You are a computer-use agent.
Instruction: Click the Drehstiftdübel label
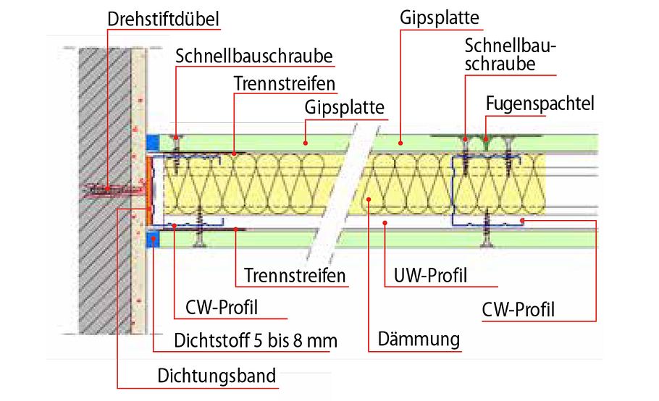click(x=162, y=19)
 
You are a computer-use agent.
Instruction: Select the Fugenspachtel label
click(x=539, y=104)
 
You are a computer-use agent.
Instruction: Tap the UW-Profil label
click(x=430, y=276)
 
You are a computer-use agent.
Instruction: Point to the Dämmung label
click(x=419, y=339)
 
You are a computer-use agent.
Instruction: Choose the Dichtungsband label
click(x=217, y=376)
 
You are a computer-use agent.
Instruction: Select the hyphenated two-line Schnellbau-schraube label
click(x=509, y=56)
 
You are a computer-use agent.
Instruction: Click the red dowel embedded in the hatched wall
click(x=109, y=190)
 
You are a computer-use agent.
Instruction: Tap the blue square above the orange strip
click(x=151, y=143)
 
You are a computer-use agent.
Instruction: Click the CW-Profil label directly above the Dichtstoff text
click(x=217, y=308)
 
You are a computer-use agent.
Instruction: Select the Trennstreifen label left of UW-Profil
click(x=294, y=276)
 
